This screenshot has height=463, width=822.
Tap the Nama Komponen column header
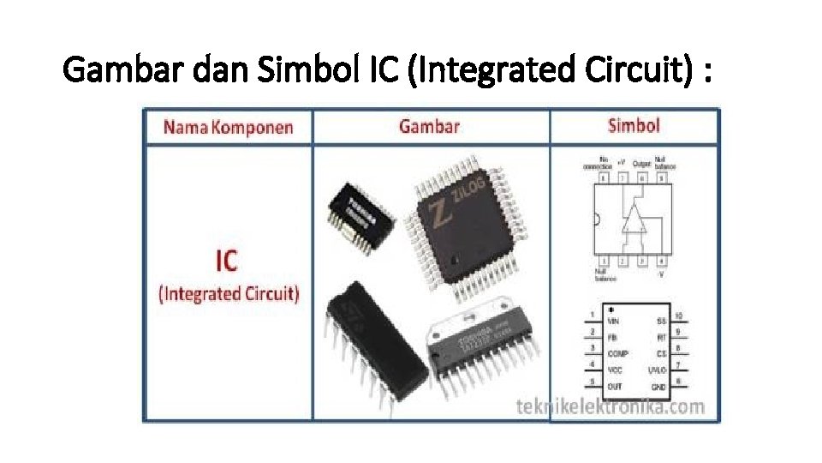coord(228,128)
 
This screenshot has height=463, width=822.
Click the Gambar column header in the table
coord(429,126)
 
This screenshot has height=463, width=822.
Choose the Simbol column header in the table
coord(634,125)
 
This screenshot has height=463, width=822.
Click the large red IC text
coord(227,260)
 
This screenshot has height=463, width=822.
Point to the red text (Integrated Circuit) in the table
coord(229,293)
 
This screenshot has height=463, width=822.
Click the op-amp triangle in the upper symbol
coord(634,219)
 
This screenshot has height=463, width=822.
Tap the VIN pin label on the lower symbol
coord(613,321)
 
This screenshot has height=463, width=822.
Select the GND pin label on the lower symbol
coord(659,388)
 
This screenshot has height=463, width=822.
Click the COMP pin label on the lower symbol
coord(617,353)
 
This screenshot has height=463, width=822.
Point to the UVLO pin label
coord(657,370)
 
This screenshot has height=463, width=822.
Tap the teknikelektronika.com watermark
coord(611,406)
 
